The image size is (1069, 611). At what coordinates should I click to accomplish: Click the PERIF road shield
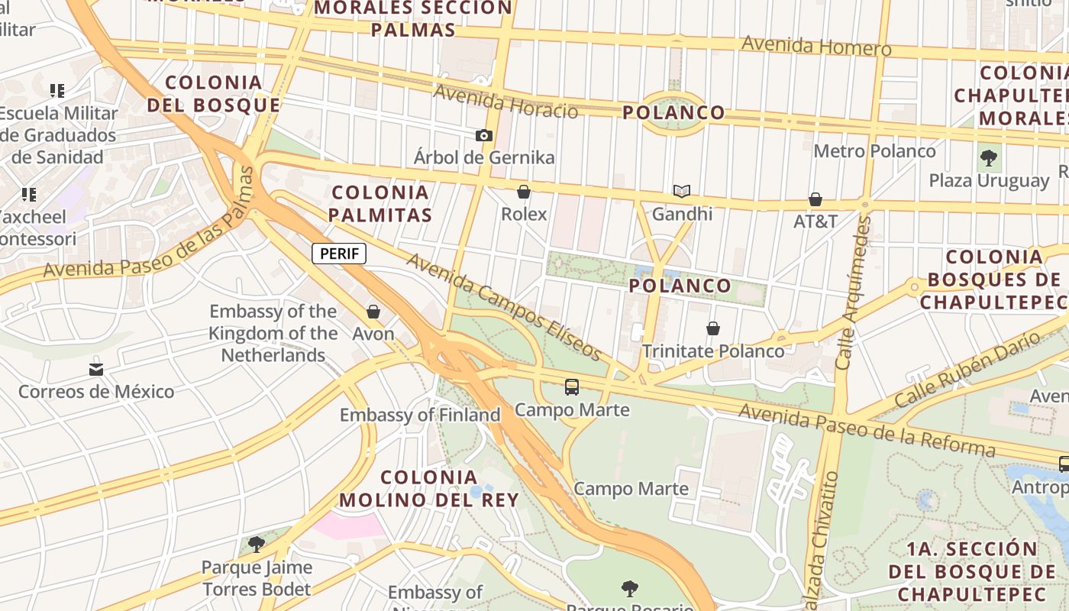pos(339,254)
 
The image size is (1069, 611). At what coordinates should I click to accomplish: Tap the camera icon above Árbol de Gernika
pos(484,136)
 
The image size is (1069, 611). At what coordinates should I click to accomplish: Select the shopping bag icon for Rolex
pos(524,192)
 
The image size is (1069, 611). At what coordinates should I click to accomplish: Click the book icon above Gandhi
pos(682,192)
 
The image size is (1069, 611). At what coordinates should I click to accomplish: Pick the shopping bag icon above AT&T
pos(815,199)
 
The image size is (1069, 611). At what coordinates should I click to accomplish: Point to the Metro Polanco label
pos(874,151)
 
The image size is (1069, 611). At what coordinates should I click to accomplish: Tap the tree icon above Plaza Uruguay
pos(989,159)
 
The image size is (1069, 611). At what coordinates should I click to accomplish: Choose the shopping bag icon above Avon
pos(373,312)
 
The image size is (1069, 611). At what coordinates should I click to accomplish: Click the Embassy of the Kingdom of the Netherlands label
pos(273,333)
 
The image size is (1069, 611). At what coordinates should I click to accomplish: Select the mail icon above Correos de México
pos(96,370)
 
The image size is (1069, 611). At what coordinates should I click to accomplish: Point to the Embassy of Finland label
pos(420,415)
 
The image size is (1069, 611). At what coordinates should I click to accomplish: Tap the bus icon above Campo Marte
pos(572,387)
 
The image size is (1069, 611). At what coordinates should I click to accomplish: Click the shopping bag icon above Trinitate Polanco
pos(713,328)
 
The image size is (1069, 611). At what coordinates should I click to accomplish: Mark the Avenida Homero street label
pos(815,46)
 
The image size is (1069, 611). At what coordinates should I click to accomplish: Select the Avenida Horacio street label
pos(505,102)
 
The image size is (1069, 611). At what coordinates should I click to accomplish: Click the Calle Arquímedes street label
pos(854,293)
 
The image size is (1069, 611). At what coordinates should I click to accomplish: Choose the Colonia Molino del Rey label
pos(428,489)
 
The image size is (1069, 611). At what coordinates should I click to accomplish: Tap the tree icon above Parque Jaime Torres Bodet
pos(257,545)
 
